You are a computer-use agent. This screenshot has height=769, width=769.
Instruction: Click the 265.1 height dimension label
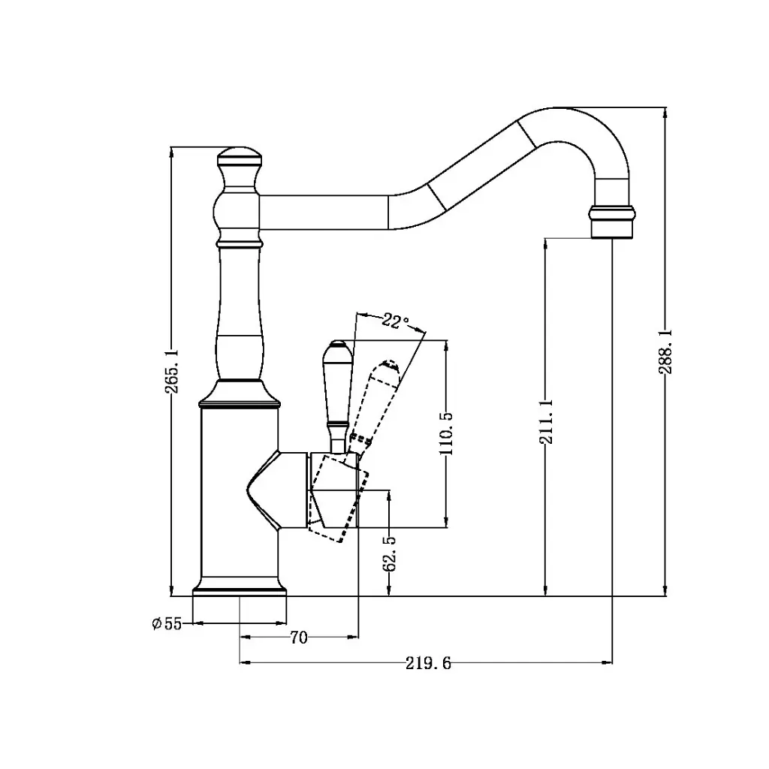(x=171, y=371)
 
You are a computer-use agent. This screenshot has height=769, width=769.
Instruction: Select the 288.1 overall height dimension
(x=665, y=353)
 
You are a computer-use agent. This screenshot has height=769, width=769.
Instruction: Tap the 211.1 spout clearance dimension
(x=544, y=422)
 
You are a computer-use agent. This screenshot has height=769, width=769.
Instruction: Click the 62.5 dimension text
(x=389, y=553)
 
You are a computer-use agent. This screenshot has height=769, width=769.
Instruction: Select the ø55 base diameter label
(x=167, y=623)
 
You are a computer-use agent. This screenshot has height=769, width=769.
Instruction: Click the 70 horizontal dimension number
(x=298, y=638)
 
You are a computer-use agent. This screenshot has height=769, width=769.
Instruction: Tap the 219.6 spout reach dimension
(x=428, y=663)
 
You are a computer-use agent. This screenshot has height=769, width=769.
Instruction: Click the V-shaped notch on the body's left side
(x=259, y=491)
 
